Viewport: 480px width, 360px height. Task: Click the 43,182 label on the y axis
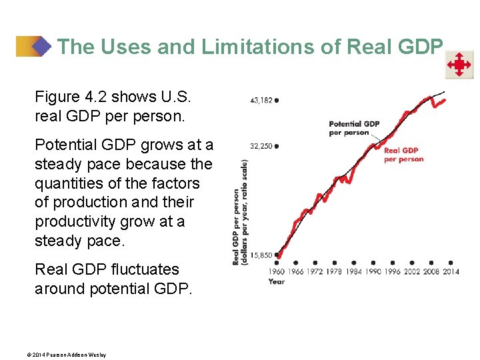coord(261,100)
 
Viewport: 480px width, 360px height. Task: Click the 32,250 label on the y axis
coord(261,146)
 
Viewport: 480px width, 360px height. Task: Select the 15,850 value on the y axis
coord(261,255)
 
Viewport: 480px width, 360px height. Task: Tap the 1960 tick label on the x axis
coord(277,272)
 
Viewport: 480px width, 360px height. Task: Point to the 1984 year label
coord(353,272)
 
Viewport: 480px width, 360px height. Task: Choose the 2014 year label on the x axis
coord(451,272)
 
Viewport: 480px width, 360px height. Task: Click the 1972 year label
coord(315,272)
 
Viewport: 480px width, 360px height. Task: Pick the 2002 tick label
coord(411,272)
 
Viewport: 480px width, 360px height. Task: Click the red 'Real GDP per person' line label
coord(403,155)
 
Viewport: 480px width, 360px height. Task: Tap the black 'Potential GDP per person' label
coord(353,127)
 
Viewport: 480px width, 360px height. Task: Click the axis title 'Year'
coord(276,281)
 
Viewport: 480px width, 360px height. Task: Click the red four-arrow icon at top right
coord(459,65)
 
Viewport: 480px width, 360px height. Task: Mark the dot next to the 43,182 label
coord(277,100)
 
